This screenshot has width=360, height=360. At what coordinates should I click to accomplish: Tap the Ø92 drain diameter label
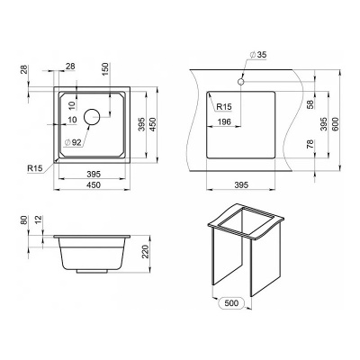coord(73,143)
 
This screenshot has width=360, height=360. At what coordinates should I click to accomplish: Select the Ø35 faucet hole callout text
coord(258,55)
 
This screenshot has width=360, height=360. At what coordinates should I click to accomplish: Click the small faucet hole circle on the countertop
coord(241,81)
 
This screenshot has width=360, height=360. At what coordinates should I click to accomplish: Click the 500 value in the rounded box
coord(232,303)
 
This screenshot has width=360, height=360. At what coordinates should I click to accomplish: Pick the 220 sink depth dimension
coord(145,252)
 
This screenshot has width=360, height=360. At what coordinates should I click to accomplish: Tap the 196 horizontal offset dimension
coord(224,121)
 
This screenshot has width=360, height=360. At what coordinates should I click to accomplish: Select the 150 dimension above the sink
coord(106,69)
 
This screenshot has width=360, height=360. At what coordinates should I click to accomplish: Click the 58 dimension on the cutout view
coord(310,103)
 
